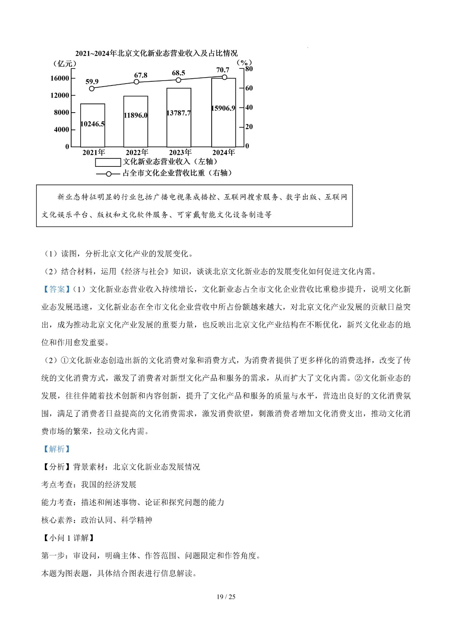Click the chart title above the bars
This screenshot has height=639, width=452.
point(156,53)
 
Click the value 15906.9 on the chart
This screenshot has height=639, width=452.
point(223,108)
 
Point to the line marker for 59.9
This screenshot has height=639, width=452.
point(92,88)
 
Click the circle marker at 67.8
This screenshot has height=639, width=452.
point(136,82)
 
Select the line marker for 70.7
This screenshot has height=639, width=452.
point(224,77)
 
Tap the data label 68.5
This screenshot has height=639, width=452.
point(179,73)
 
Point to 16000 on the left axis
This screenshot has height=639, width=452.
point(60,78)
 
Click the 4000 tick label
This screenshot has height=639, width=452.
point(61,130)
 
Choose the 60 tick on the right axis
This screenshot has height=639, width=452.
point(249,88)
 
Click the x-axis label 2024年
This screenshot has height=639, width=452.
point(223,153)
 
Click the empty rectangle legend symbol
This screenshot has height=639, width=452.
point(108,162)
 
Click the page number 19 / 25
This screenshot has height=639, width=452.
point(226,597)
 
